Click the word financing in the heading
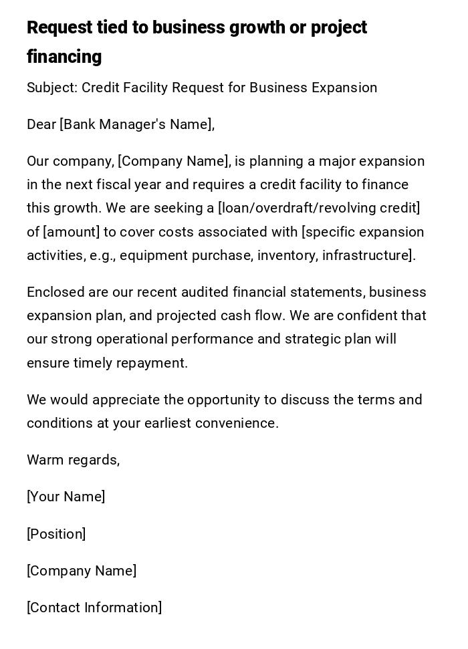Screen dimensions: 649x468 click(64, 57)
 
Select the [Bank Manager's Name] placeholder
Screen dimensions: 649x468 click(136, 124)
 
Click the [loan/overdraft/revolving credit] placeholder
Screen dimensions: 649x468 click(319, 208)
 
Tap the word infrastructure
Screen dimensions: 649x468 click(368, 255)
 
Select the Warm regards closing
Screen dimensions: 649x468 click(73, 460)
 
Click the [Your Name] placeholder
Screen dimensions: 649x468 click(66, 497)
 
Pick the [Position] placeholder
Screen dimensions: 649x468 click(56, 534)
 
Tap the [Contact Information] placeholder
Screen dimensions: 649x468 click(94, 608)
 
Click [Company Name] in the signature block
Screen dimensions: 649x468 click(82, 571)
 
